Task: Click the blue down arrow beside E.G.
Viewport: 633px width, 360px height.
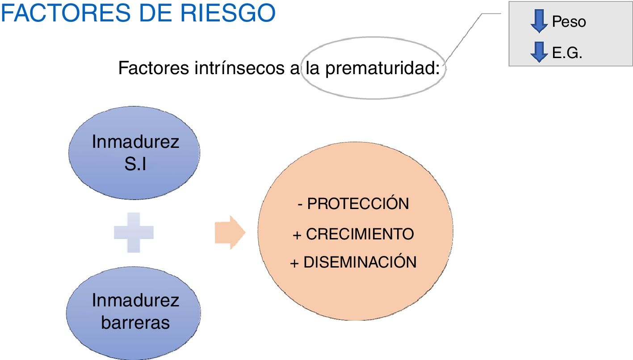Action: (539, 51)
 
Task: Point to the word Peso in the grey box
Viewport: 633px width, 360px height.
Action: (569, 21)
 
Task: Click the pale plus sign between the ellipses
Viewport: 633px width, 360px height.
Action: (134, 232)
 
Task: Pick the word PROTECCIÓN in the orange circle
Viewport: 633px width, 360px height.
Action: (358, 204)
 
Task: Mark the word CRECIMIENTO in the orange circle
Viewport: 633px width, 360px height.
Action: (360, 234)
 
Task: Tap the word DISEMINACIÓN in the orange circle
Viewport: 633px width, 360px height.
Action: (360, 262)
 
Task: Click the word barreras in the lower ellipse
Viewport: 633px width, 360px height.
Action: (135, 322)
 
